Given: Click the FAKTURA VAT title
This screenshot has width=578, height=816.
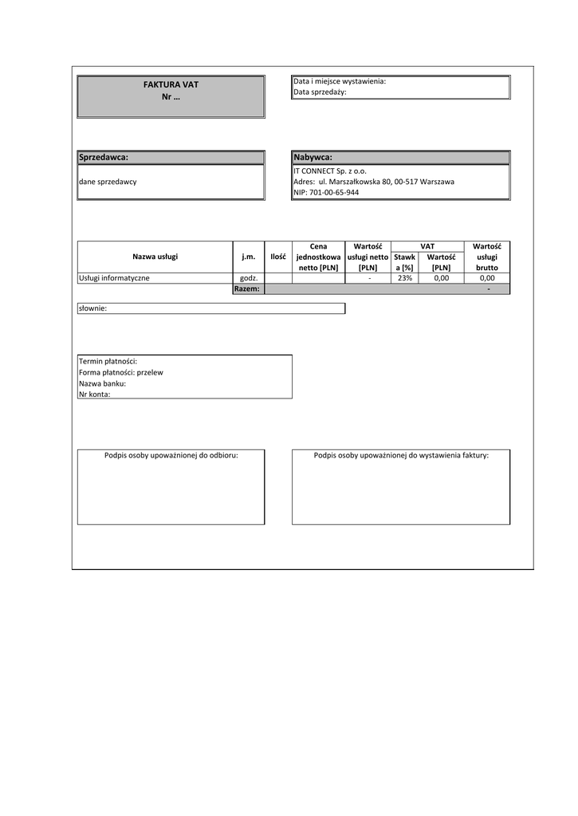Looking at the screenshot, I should pyautogui.click(x=171, y=84).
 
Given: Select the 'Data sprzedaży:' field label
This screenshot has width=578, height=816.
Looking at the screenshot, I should pyautogui.click(x=320, y=92).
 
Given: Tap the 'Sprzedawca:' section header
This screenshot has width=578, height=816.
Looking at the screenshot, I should pyautogui.click(x=104, y=157).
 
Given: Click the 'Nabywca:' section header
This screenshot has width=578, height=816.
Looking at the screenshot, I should pyautogui.click(x=313, y=157).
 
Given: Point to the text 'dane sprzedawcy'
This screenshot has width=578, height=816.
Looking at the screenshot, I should pyautogui.click(x=108, y=182).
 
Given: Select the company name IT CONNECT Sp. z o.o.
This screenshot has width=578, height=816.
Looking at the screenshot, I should pyautogui.click(x=330, y=171).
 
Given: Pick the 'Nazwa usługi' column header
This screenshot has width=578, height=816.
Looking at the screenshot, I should pyautogui.click(x=155, y=257).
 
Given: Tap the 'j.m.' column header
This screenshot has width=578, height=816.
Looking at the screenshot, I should pyautogui.click(x=248, y=257).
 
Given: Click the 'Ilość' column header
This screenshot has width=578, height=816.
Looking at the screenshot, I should pyautogui.click(x=277, y=257).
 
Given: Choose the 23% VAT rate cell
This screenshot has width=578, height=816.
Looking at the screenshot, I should pyautogui.click(x=404, y=278).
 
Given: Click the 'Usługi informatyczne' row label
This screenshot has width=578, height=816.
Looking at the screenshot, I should pyautogui.click(x=114, y=278).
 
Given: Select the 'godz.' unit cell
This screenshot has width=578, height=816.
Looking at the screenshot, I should pyautogui.click(x=248, y=278).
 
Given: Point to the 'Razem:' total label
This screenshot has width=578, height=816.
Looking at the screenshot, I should pyautogui.click(x=247, y=288).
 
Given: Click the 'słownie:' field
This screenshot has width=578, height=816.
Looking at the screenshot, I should pyautogui.click(x=93, y=308).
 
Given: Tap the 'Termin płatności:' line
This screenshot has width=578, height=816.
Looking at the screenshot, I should pyautogui.click(x=108, y=361).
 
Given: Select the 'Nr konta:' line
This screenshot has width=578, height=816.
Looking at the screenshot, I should pyautogui.click(x=94, y=394).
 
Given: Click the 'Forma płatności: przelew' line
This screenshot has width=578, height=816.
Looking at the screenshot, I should pyautogui.click(x=120, y=372).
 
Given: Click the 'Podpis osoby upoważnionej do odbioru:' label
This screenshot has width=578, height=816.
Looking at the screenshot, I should pyautogui.click(x=171, y=455).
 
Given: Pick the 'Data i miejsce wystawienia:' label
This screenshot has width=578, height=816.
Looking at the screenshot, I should pyautogui.click(x=340, y=81).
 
